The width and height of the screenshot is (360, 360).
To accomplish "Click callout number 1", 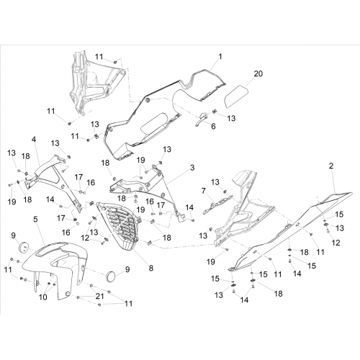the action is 220,57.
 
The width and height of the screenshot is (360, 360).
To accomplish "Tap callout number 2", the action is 331,166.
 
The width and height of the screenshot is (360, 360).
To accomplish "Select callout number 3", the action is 192,168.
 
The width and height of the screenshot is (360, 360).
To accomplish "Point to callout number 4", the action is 34,139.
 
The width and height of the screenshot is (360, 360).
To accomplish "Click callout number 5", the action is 35,220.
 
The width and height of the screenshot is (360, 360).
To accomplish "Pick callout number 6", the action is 213,126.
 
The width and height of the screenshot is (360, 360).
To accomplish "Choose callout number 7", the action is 204,192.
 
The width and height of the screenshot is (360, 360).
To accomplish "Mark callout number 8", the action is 150,268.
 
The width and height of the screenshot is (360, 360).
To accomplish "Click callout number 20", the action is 258,73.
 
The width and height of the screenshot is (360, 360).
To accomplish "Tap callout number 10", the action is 43,297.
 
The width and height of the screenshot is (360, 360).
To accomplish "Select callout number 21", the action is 99,296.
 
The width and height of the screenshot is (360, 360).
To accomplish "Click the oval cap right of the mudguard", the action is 111,276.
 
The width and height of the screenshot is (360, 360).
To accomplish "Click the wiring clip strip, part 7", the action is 218,204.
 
